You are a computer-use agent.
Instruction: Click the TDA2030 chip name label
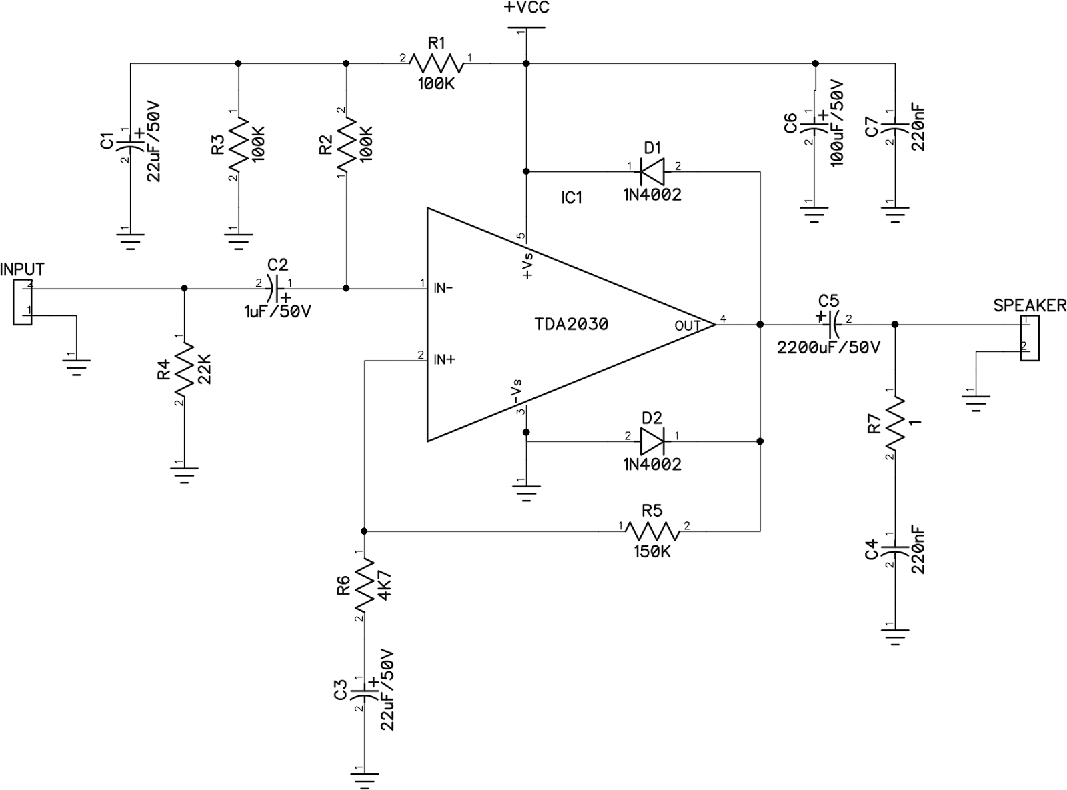[571, 325]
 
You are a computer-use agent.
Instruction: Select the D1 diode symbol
[652, 172]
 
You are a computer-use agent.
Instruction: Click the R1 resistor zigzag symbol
[436, 64]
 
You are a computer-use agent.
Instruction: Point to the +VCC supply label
[526, 9]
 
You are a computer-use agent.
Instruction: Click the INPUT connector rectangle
[22, 302]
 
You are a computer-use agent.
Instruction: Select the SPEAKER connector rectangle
[1030, 339]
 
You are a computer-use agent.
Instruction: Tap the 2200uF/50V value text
[828, 348]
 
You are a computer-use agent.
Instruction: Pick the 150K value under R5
[652, 553]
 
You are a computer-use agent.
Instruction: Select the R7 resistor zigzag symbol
[896, 423]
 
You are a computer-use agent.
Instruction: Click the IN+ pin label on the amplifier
[445, 359]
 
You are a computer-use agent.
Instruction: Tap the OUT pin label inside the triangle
[687, 326]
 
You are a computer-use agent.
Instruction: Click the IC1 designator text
[572, 198]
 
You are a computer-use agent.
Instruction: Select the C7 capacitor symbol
[896, 125]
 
